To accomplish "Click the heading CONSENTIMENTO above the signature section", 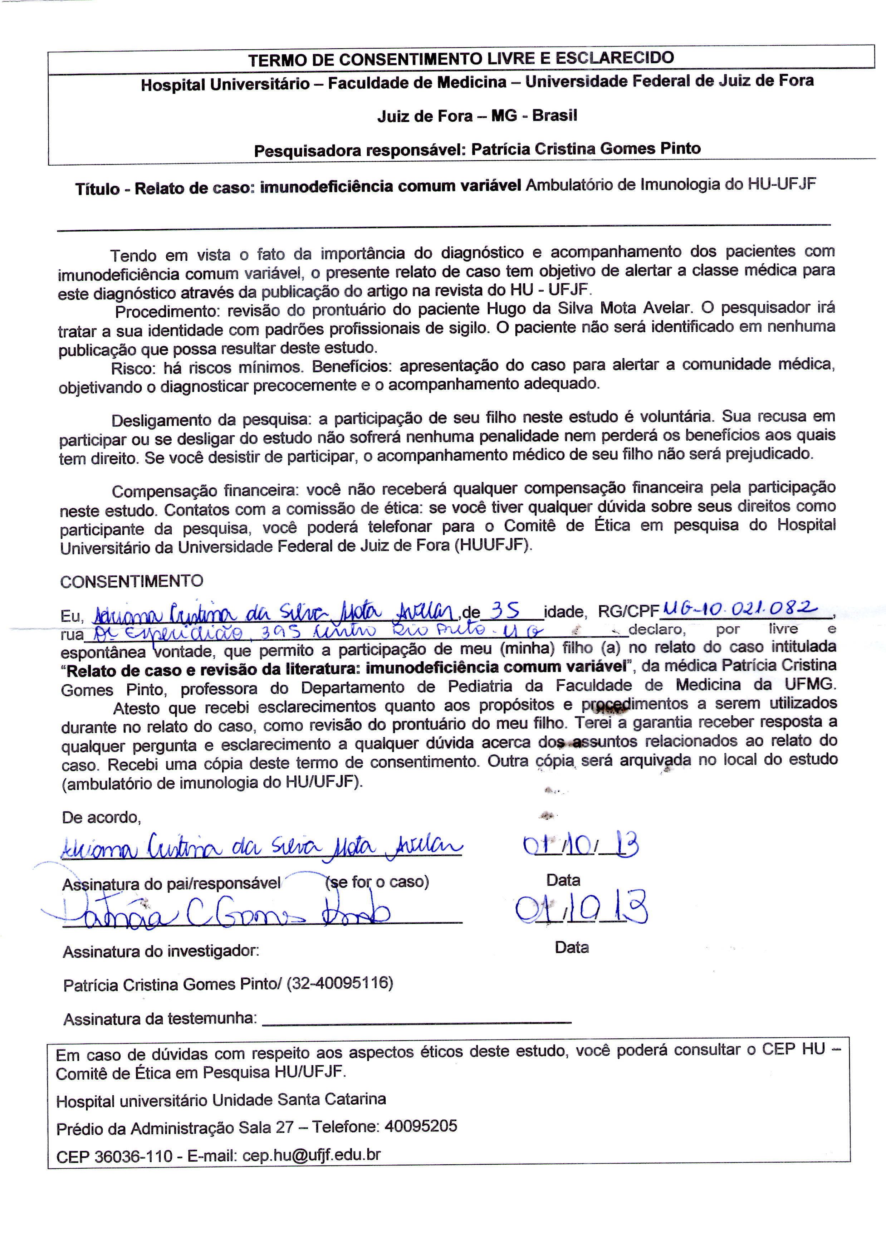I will click(132, 582).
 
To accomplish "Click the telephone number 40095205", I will click(421, 1125).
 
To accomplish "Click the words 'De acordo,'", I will click(102, 817).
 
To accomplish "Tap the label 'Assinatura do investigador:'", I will click(161, 952).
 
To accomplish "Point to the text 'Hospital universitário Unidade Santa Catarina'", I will click(221, 1099).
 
